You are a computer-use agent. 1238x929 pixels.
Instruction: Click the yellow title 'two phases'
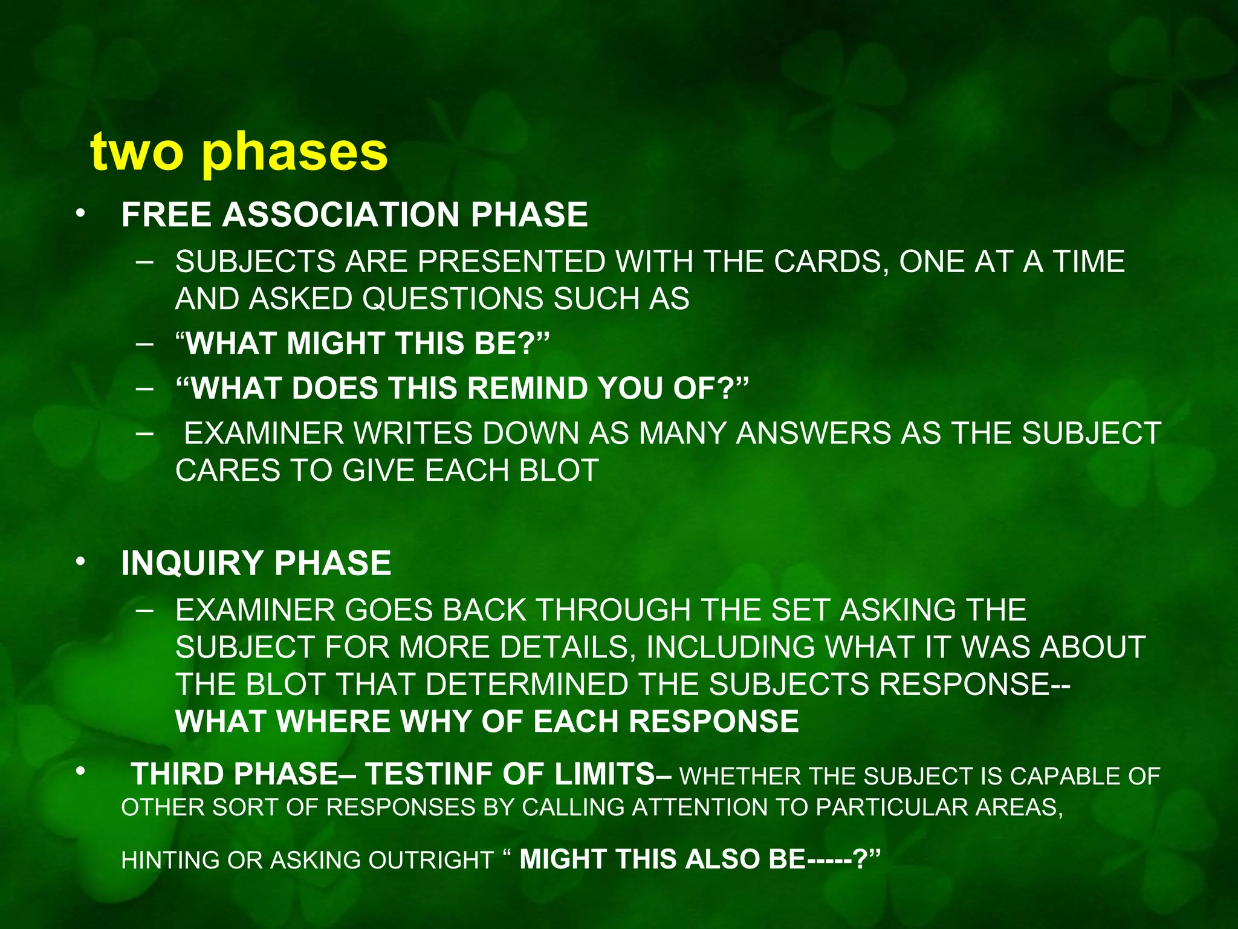click(239, 152)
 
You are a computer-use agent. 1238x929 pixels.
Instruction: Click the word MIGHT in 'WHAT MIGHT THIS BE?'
click(335, 344)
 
